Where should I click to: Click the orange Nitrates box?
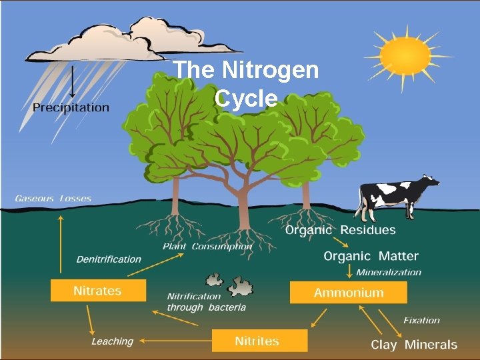tap(98, 291)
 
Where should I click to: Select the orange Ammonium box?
tap(348, 293)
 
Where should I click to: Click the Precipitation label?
tap(71, 107)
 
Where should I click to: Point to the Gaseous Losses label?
tap(53, 199)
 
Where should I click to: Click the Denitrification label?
tap(109, 259)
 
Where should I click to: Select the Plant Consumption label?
tap(207, 247)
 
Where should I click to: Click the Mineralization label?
tap(389, 272)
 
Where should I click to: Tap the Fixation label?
tap(421, 320)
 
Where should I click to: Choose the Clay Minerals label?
tap(414, 345)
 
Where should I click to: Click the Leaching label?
tap(112, 341)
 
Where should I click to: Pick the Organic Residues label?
tap(341, 231)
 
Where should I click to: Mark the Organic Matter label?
tap(371, 256)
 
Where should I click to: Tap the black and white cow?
tap(397, 194)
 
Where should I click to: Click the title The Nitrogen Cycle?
tap(246, 83)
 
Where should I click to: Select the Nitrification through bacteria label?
tap(206, 302)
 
